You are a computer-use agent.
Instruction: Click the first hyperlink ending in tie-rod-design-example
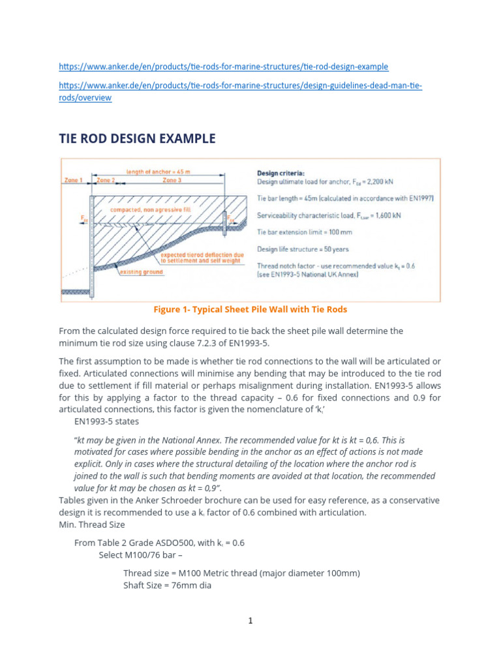pyautogui.click(x=223, y=67)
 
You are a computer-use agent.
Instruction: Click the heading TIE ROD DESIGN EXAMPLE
pyautogui.click(x=137, y=138)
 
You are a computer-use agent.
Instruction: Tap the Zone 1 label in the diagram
pyautogui.click(x=74, y=179)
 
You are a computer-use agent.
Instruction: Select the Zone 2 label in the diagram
pyautogui.click(x=106, y=179)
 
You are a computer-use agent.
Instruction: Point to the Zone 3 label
pyautogui.click(x=172, y=179)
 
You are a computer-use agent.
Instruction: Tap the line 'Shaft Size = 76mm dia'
pyautogui.click(x=167, y=585)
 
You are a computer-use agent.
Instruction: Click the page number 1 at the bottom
pyautogui.click(x=250, y=620)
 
